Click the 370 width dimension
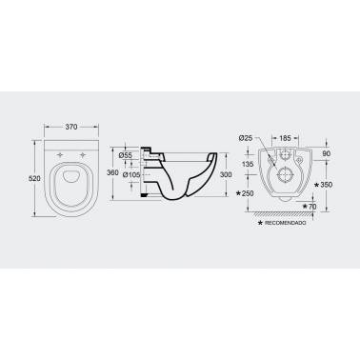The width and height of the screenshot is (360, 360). (71, 127)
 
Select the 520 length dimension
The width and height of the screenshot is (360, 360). (34, 178)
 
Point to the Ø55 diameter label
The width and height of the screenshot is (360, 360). (125, 155)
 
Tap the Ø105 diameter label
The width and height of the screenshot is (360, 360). (131, 174)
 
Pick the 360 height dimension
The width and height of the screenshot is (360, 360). (112, 172)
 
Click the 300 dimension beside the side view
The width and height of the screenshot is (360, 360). (226, 174)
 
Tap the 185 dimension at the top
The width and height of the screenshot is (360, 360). (285, 138)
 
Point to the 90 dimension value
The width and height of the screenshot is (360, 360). (327, 153)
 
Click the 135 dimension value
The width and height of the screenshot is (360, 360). (248, 164)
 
